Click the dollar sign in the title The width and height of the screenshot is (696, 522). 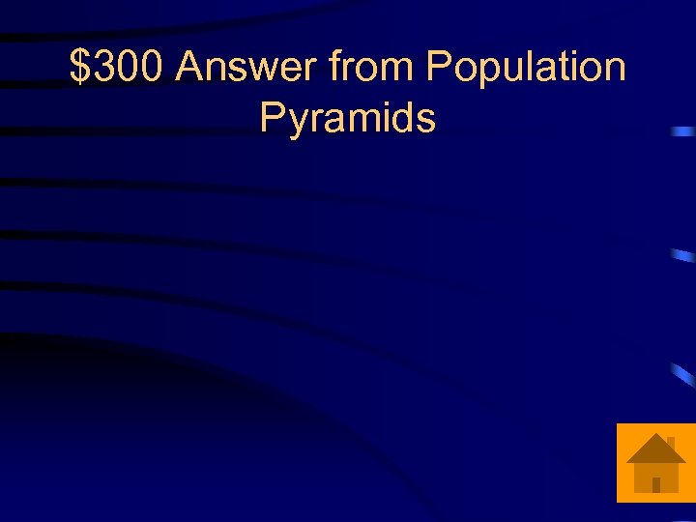pyautogui.click(x=81, y=68)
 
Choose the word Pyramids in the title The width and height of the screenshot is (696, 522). pyautogui.click(x=348, y=120)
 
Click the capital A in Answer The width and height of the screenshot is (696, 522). pyautogui.click(x=191, y=68)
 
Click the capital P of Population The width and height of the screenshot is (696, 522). pyautogui.click(x=439, y=68)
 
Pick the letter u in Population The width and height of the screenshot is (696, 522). pyautogui.click(x=505, y=70)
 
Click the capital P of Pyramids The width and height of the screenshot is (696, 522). pyautogui.click(x=274, y=118)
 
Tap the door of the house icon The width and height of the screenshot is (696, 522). pyautogui.click(x=656, y=484)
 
